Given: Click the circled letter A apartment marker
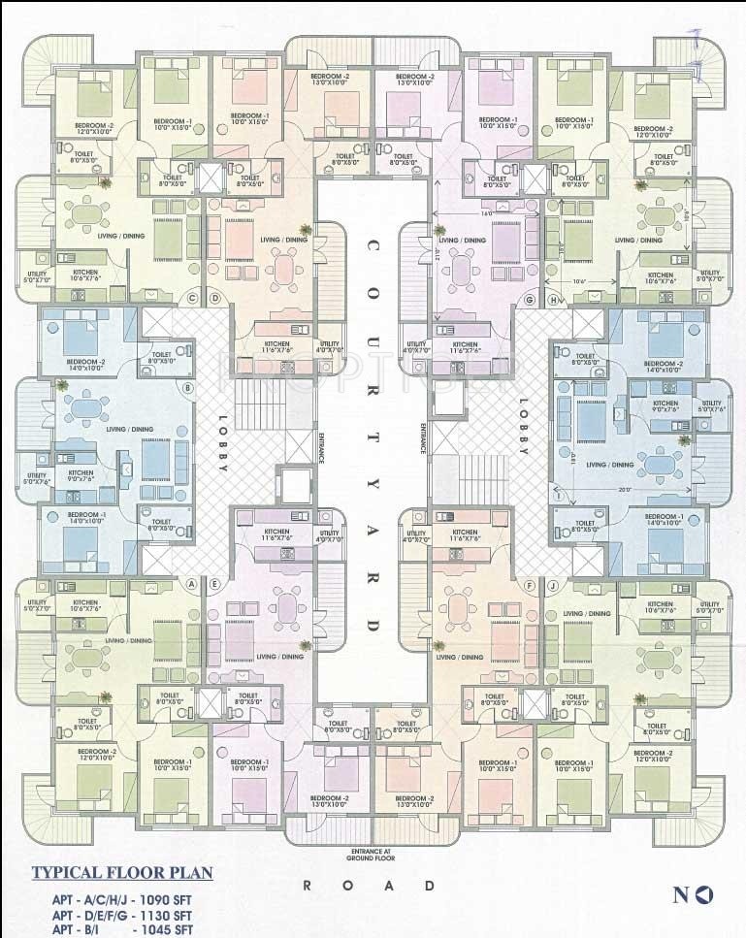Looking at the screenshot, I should (x=191, y=584).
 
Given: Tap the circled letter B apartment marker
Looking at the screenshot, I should (x=188, y=389).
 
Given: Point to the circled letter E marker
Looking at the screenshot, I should (x=214, y=584).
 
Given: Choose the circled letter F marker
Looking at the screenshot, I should (x=530, y=585).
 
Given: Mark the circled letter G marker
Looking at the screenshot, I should (x=530, y=300).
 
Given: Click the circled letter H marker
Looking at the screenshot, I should (x=553, y=300).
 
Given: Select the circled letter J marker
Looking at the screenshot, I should (x=553, y=585).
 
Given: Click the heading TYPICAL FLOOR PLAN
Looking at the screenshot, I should (x=122, y=872).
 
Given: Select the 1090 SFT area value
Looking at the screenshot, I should (x=167, y=899).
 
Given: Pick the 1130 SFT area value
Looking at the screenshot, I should (x=167, y=915).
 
